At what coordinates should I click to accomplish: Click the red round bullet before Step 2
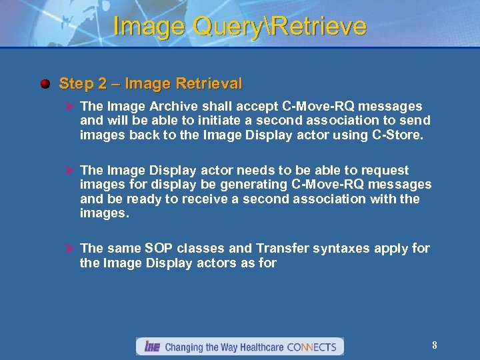coord(45,85)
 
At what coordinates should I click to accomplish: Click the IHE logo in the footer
coord(151,347)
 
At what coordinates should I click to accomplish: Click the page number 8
coord(434,345)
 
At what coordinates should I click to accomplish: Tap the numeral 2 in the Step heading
coord(103,84)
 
